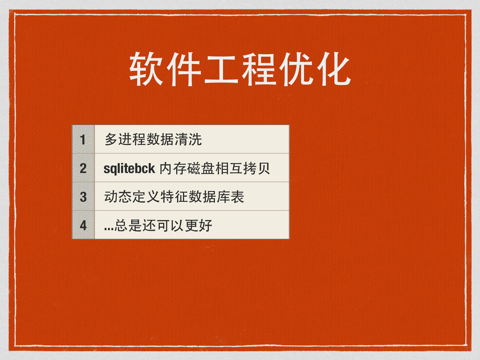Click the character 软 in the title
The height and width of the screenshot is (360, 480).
coord(146,69)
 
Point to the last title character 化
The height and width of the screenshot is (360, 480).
coord(333,69)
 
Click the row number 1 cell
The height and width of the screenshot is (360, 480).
coord(83,139)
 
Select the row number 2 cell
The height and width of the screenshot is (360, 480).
coord(83,168)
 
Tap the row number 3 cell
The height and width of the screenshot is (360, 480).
coord(83,196)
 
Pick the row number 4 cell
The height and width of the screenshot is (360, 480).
coord(83,225)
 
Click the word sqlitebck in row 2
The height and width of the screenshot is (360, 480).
coord(129,169)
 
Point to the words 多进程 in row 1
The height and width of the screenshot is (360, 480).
coord(125,139)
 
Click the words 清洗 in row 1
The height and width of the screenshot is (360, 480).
coord(188,139)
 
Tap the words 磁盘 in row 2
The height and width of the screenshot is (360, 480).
coord(200,168)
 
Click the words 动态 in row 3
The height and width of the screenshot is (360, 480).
coord(118,196)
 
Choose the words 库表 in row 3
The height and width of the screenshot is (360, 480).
coord(230,196)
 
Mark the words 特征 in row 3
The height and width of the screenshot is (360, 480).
coord(174,196)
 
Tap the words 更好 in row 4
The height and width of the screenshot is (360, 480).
coord(198,225)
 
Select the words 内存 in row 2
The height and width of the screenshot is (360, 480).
coord(172,168)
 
